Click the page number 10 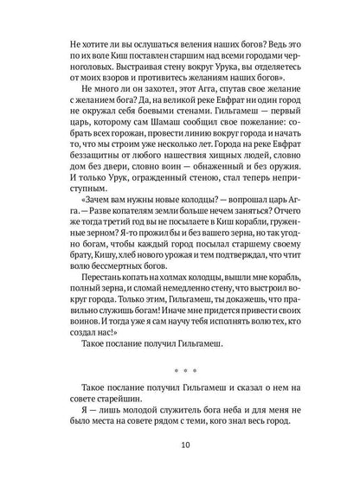pos(180,447)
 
